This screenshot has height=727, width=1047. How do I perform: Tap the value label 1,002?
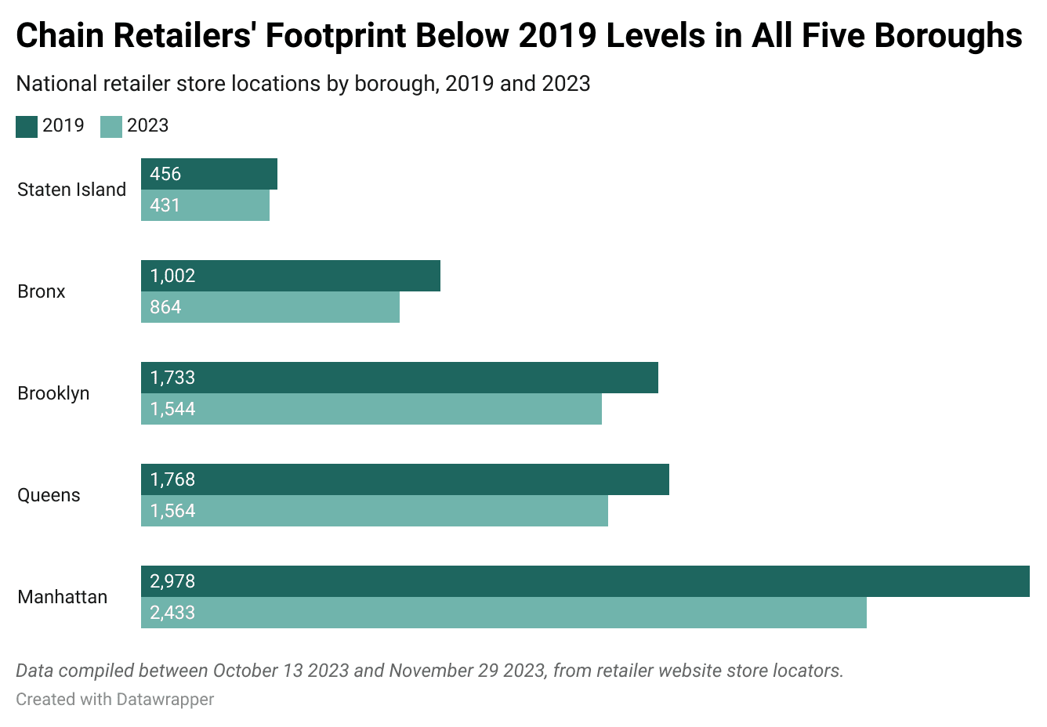click(172, 276)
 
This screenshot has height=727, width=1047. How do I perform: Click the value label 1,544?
click(172, 409)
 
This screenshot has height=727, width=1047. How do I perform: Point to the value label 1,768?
click(172, 479)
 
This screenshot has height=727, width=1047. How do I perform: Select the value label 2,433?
click(172, 613)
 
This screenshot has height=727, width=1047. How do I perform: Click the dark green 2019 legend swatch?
click(27, 126)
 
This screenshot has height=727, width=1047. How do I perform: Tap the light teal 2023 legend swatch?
click(111, 126)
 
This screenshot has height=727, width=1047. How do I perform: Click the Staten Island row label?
click(71, 190)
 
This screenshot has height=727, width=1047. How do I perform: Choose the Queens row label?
click(49, 495)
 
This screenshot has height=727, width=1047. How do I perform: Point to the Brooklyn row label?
click(53, 393)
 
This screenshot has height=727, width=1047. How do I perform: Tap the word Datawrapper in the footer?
click(165, 699)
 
